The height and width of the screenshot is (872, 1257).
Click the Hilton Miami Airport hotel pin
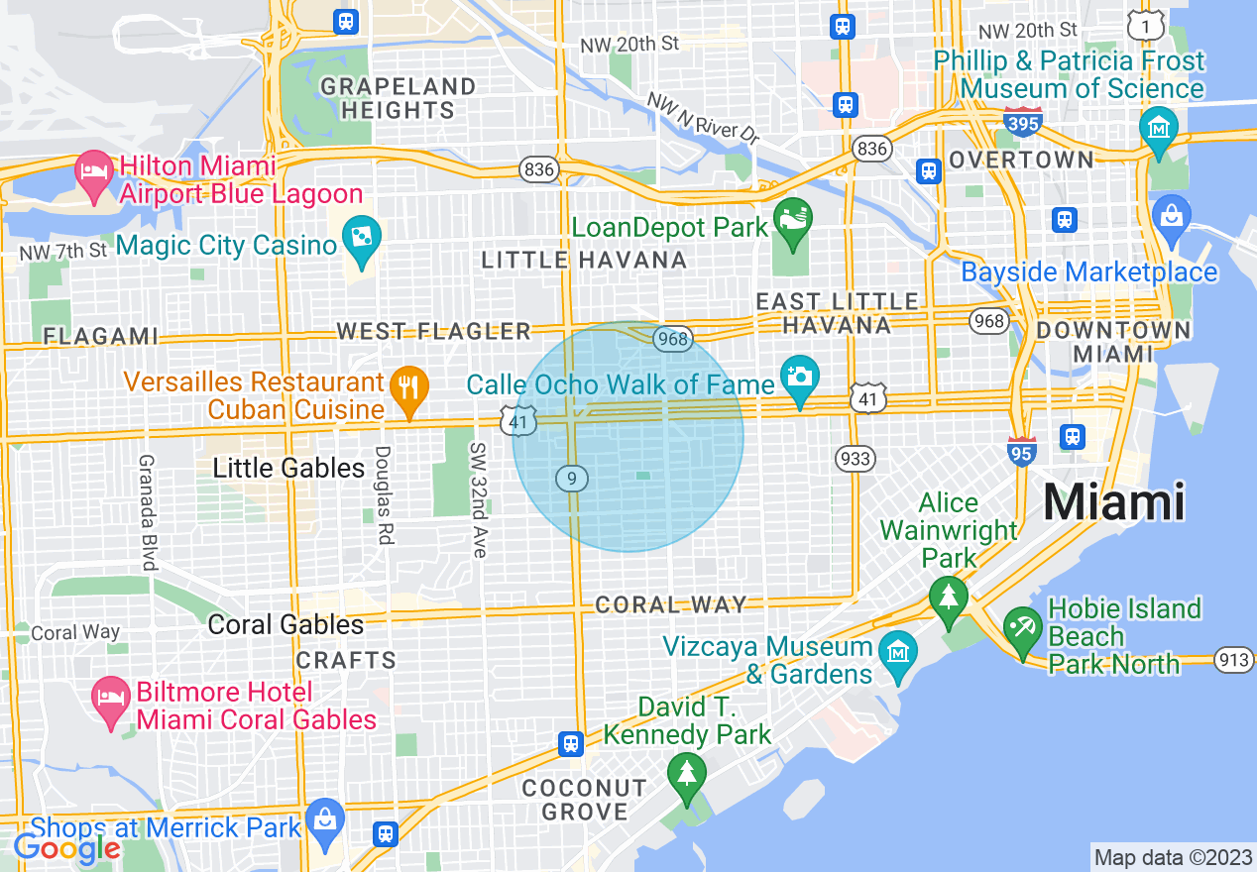click(94, 172)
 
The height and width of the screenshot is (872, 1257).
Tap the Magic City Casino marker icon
click(361, 238)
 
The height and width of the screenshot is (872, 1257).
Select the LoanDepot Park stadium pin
click(793, 217)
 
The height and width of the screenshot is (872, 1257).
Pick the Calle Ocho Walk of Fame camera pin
click(800, 379)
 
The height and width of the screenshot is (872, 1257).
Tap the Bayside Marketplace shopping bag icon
click(1172, 215)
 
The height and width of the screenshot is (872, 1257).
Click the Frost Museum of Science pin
click(1158, 129)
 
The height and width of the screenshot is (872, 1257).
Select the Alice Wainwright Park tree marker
click(949, 597)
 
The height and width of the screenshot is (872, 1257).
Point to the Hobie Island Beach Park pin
click(1022, 628)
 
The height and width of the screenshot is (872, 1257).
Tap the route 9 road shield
click(572, 479)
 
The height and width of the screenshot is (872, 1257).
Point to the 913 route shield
click(1234, 660)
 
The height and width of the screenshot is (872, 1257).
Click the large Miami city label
click(1113, 502)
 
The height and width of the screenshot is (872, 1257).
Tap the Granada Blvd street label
click(149, 512)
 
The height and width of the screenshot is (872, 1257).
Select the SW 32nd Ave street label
click(479, 500)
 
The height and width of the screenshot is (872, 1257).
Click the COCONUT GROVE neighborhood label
click(584, 800)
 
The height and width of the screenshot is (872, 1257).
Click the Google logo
click(66, 848)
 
